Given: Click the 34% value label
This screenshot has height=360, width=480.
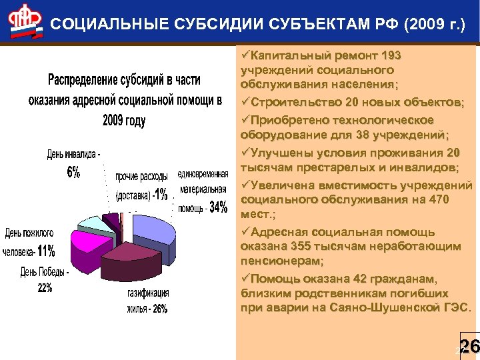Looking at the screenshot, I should (218, 207).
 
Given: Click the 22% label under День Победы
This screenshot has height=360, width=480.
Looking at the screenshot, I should (45, 288).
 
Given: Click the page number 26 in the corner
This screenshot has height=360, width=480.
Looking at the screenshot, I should (469, 346).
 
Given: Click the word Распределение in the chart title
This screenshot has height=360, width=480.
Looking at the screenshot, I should (84, 80).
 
